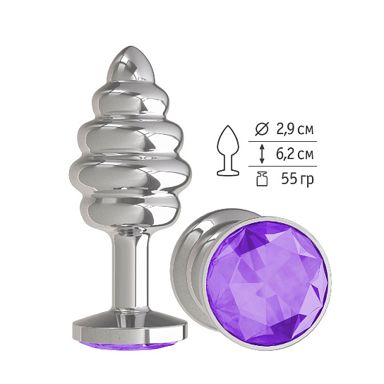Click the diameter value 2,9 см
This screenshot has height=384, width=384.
coord(295,130)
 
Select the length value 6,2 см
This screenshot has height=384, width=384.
coord(295,155)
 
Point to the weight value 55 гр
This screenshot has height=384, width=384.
coord(297,179)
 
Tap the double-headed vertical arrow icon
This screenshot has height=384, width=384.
coord(262,154)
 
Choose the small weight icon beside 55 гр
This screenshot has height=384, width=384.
coord(262,179)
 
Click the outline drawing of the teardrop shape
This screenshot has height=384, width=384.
coord(228,150)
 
